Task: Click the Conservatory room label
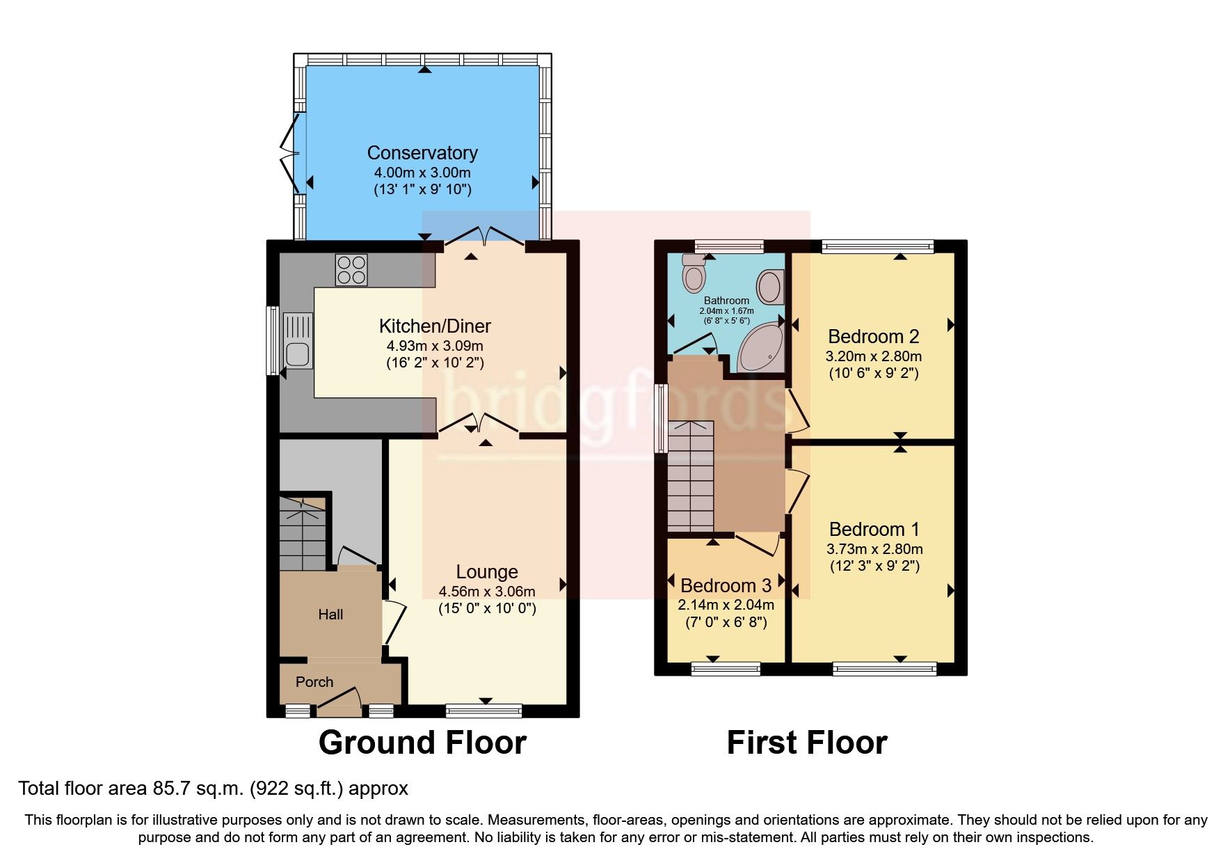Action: pos(422,153)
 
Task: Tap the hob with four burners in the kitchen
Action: pos(351,270)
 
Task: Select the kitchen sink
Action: pos(297,341)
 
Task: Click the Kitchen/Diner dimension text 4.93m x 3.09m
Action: pos(435,346)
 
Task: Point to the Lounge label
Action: pos(486,572)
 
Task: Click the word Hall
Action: pos(330,615)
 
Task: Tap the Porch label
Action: pos(314,682)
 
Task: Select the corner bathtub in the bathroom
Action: pos(761,348)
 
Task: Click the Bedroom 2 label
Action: pos(873,337)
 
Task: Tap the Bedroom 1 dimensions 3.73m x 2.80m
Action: pos(874,549)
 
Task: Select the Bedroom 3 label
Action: pos(726,586)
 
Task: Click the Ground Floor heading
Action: pos(422,743)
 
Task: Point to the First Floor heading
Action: pos(807,743)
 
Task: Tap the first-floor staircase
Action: pos(691,477)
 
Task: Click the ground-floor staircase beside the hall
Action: pos(303,532)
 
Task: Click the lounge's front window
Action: pos(483,711)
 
